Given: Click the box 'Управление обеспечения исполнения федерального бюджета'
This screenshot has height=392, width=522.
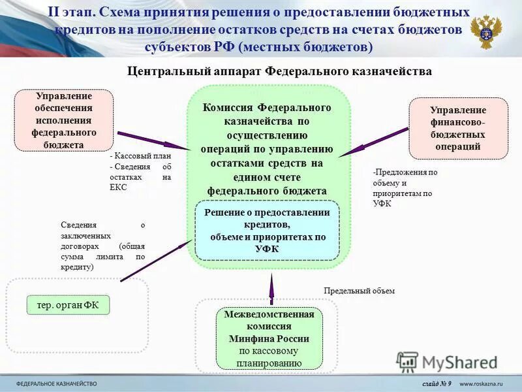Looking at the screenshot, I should tap(64, 120).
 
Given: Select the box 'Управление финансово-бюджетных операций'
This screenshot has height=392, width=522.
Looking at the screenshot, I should tap(458, 128).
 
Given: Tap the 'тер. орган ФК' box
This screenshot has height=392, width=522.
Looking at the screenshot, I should tap(68, 304).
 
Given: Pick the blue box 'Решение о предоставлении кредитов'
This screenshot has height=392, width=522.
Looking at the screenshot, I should tap(268, 231).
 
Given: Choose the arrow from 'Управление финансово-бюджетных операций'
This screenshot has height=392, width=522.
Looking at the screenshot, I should tap(373, 142).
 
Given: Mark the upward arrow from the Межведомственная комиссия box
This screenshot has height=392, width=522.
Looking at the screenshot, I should tap(273, 287).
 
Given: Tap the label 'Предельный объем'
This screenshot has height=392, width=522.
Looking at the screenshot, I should tap(360, 291).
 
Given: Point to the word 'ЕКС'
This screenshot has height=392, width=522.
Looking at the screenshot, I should tap(117, 187).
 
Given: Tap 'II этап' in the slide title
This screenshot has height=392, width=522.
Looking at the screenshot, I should tap(73, 13).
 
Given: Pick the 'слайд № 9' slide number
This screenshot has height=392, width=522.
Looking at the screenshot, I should tap(437, 383).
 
